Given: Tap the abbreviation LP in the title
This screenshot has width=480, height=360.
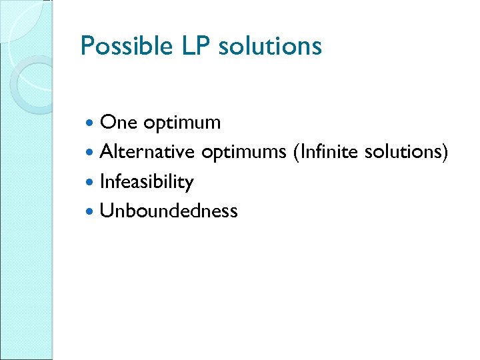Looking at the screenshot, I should [192, 47].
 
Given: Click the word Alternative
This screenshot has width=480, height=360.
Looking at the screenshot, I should [147, 152].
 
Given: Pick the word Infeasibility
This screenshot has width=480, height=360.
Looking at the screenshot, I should [146, 182].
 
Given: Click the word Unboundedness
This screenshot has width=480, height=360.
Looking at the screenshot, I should [168, 211].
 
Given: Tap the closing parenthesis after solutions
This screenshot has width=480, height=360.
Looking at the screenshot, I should [445, 153].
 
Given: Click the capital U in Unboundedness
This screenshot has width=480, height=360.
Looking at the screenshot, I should [106, 211].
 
